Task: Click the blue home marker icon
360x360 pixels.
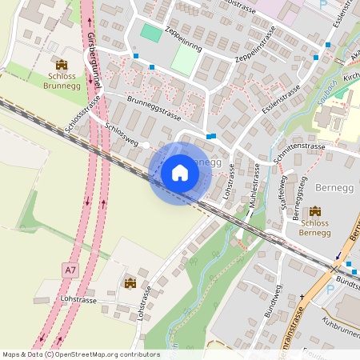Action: tap(179, 173)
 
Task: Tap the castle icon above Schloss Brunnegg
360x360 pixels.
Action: tap(62, 64)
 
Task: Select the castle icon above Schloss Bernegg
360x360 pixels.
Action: tap(314, 210)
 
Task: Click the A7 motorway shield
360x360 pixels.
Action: tap(70, 270)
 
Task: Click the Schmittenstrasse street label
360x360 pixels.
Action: tap(298, 148)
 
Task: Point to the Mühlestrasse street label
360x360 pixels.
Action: tap(254, 187)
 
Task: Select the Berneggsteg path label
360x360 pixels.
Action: tap(298, 200)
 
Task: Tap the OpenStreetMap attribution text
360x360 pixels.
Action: tap(80, 354)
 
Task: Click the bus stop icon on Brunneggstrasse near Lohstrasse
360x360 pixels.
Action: tap(210, 136)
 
